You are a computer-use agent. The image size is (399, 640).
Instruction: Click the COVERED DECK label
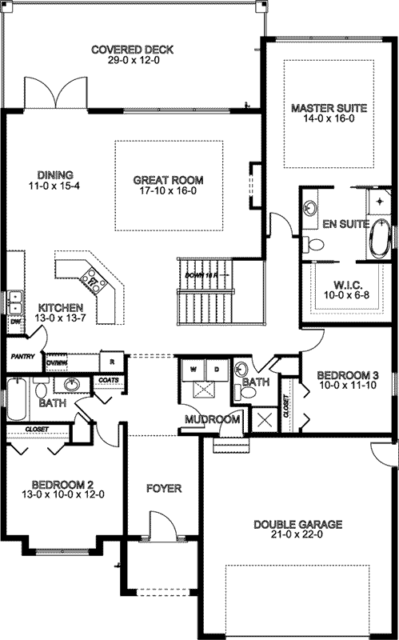click(133, 50)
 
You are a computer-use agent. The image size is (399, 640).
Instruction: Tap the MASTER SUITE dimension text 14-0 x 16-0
click(329, 119)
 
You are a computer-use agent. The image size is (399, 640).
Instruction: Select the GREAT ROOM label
click(168, 180)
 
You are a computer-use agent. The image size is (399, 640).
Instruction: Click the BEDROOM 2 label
click(63, 484)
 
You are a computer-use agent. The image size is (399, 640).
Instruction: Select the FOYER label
click(163, 488)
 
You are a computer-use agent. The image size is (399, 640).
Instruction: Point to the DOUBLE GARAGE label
click(298, 525)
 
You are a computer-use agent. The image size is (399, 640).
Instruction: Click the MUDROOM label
click(212, 419)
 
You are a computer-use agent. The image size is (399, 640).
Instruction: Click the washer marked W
click(194, 370)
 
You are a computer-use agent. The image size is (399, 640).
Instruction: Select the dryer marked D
click(216, 370)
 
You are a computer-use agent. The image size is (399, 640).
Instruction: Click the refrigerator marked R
click(114, 359)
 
